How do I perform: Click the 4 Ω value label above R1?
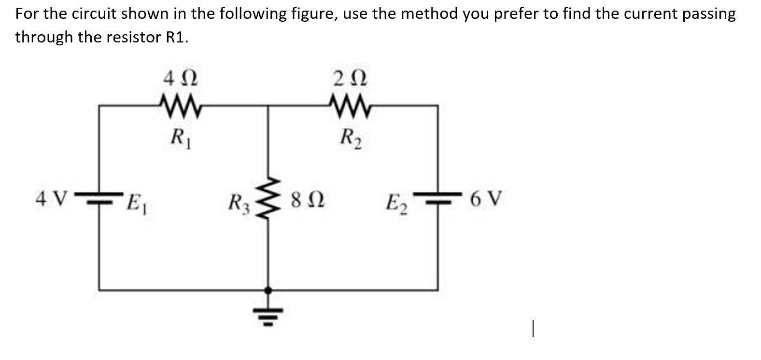click(181, 78)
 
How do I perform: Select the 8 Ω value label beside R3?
click(307, 199)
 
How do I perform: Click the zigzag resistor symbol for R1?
click(180, 102)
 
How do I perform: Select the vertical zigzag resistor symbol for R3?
click(268, 198)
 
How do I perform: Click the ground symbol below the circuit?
click(269, 314)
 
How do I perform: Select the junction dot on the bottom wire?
click(269, 290)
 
